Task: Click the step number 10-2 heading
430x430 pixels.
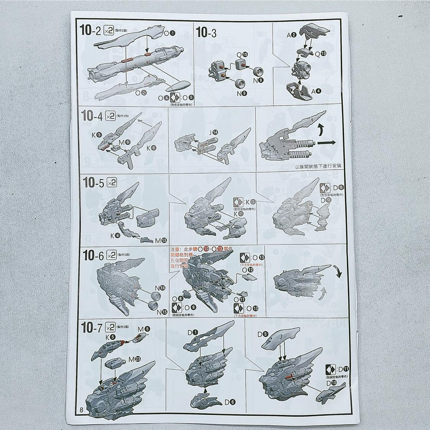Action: pyautogui.click(x=90, y=31)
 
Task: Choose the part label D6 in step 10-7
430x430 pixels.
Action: pyautogui.click(x=230, y=402)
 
